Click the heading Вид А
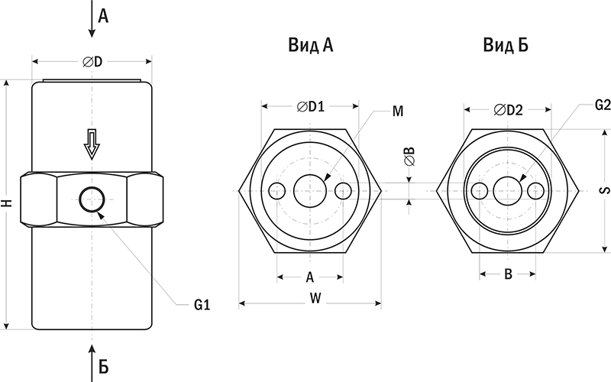tap(310, 47)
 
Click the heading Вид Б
tap(505, 47)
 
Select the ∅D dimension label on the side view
tap(92, 62)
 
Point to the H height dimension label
tap(7, 204)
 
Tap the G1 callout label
tap(202, 305)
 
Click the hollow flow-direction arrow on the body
tap(92, 144)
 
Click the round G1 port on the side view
tap(92, 201)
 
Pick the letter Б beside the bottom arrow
tap(104, 366)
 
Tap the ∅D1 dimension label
tap(310, 107)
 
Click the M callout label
tap(397, 112)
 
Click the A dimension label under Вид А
tap(310, 276)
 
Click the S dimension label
tap(600, 190)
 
